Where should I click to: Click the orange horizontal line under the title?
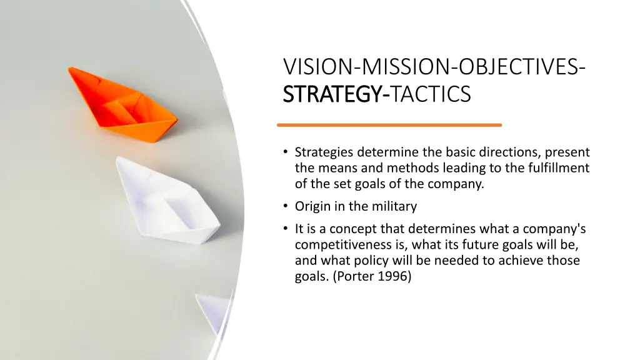[389, 125]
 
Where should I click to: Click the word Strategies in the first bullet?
[323, 152]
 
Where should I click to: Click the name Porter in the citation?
[356, 276]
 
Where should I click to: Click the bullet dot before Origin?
[285, 206]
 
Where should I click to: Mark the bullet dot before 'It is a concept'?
[285, 229]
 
